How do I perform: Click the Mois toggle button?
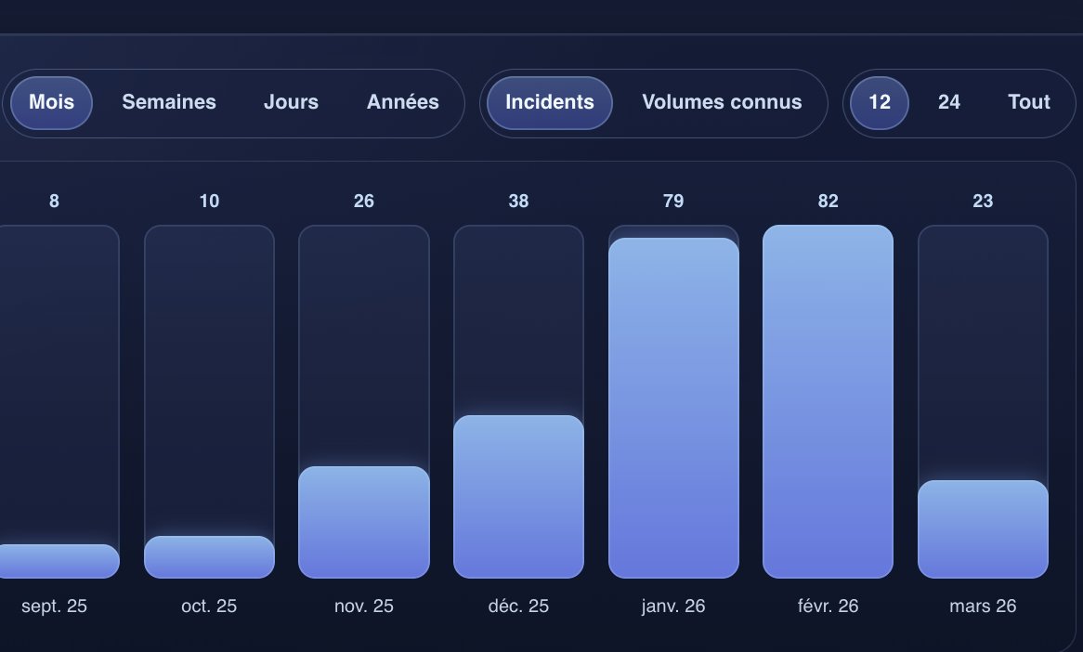(51, 102)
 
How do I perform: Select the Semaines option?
(169, 102)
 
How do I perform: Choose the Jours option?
(291, 102)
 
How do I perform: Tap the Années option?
(402, 102)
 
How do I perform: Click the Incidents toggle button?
(549, 102)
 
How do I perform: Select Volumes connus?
(722, 102)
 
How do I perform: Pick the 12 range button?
(879, 102)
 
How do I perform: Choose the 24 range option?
(948, 102)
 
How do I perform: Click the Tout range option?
(1028, 102)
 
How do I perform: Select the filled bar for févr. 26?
(828, 401)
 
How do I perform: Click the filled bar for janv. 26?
(673, 408)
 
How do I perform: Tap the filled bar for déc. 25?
(518, 496)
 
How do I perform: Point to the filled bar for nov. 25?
(364, 522)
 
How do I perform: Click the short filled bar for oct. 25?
(209, 557)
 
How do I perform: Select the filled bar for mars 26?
(983, 528)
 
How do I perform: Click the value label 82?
(828, 201)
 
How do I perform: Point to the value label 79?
(673, 201)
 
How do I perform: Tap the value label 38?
(518, 201)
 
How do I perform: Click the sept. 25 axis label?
(54, 606)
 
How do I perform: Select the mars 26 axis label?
(983, 606)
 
